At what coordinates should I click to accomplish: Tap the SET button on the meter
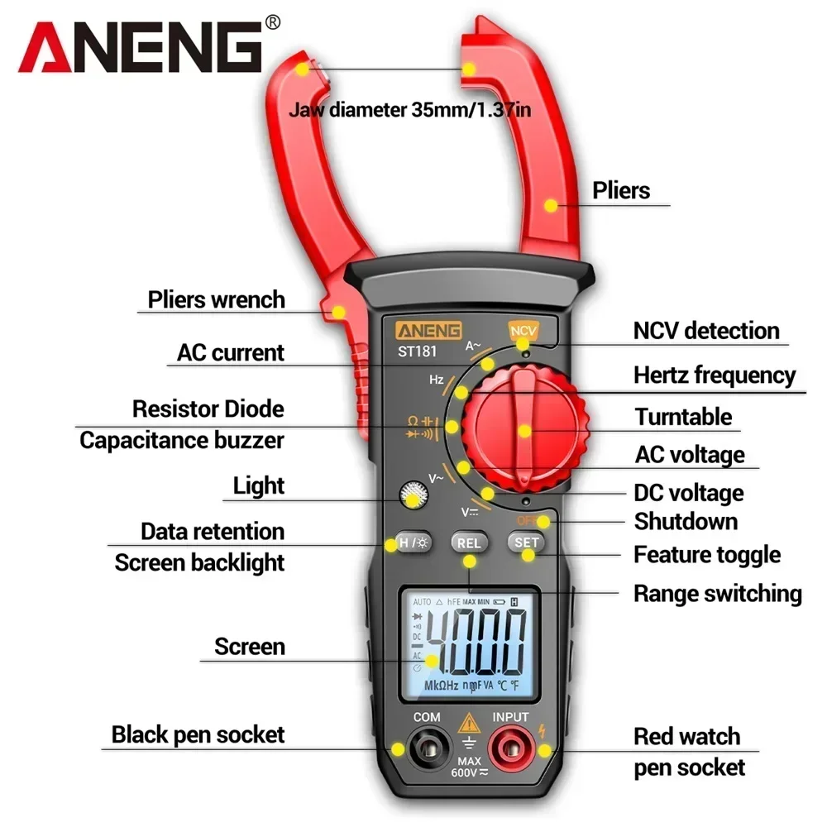coord(527,543)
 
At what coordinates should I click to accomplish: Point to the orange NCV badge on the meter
coord(523,331)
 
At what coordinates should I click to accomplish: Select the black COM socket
coord(428,750)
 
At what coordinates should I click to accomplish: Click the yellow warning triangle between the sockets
coord(468,723)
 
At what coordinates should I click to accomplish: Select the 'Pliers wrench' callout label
coord(216,299)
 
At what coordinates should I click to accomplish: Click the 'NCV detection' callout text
coord(706,331)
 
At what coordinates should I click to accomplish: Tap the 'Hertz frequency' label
coord(715,375)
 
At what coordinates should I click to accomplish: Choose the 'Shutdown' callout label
coord(686,522)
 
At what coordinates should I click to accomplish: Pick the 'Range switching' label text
coord(717,593)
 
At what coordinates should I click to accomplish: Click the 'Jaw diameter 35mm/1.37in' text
coord(409,109)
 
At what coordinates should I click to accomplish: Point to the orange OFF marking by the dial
coord(526,520)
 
